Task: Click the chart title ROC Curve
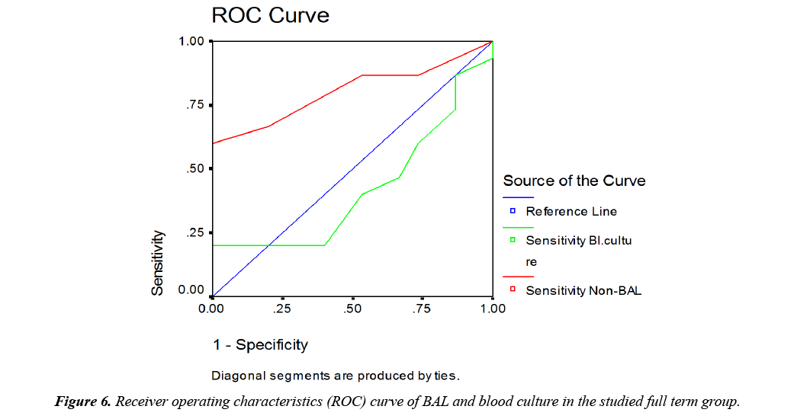coord(270,15)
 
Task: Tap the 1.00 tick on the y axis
coord(192,41)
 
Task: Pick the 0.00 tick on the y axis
coord(192,290)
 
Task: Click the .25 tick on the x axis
coord(282,309)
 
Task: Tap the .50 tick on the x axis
coord(352,309)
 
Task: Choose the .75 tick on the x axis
coord(423,309)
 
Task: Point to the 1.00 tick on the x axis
coord(493,309)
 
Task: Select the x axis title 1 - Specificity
coord(260,345)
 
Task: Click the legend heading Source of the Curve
coord(574,181)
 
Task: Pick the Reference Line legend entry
coord(571,211)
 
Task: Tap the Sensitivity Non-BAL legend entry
coord(583,290)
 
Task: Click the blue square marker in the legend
coord(513,211)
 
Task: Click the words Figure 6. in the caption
coord(83,402)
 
